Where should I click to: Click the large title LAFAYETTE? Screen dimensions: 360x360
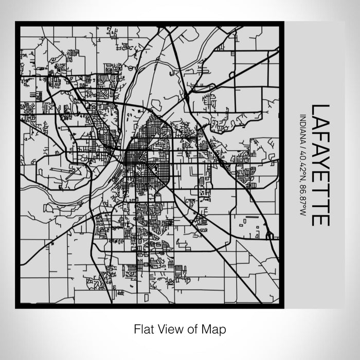point(320,165)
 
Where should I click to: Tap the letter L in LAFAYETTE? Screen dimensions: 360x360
point(320,110)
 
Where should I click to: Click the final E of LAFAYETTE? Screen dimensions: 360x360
point(320,219)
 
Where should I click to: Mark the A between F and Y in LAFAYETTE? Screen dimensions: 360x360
point(320,154)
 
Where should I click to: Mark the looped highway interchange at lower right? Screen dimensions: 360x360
point(269,236)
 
